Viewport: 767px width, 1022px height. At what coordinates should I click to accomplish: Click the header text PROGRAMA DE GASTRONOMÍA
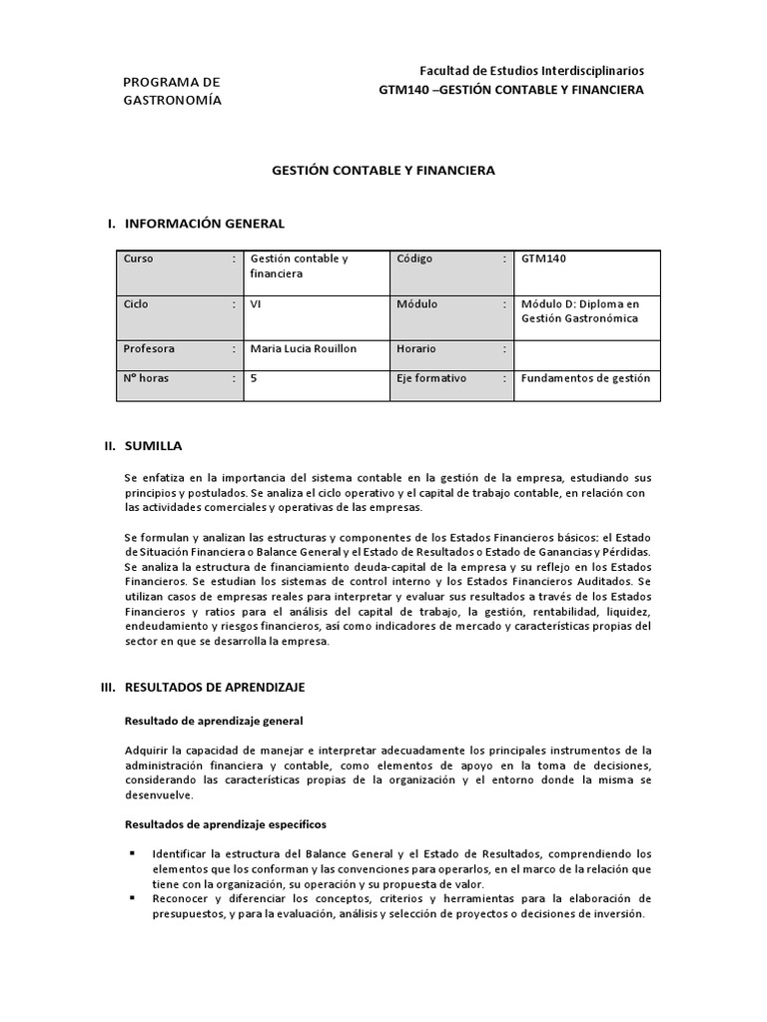pyautogui.click(x=172, y=91)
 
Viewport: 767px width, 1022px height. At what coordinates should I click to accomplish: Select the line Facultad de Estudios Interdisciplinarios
pyautogui.click(x=531, y=71)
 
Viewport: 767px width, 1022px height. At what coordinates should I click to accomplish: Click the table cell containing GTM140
pyautogui.click(x=543, y=258)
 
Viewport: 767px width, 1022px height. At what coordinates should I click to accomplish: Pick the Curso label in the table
pyautogui.click(x=138, y=258)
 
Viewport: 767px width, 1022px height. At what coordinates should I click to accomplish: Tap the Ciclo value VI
pyautogui.click(x=256, y=303)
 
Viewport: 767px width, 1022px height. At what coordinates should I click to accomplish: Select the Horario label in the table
pyautogui.click(x=417, y=348)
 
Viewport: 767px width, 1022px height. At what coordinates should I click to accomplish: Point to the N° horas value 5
pyautogui.click(x=254, y=378)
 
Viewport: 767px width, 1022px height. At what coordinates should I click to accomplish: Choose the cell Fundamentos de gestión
pyautogui.click(x=585, y=378)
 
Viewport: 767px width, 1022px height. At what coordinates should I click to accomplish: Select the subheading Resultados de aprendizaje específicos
pyautogui.click(x=224, y=824)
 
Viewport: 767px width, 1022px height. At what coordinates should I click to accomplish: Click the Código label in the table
pyautogui.click(x=414, y=258)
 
